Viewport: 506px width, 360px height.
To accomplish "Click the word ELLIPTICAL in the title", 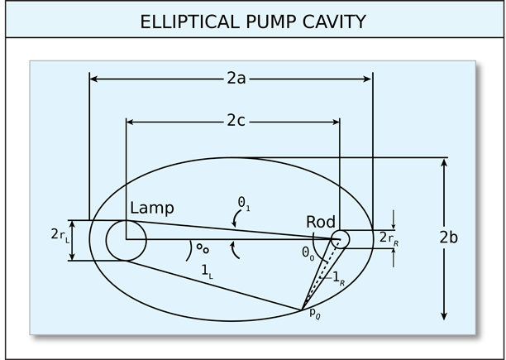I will tap(183, 22).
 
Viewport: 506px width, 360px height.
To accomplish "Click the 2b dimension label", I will tap(448, 237).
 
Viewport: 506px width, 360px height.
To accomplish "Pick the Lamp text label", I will tap(152, 208).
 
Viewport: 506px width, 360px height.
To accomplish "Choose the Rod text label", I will tap(321, 222).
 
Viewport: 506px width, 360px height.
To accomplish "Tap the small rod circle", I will tap(341, 238).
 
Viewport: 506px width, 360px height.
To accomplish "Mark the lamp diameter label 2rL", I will tap(60, 236).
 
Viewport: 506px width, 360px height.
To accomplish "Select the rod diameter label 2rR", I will tap(389, 238).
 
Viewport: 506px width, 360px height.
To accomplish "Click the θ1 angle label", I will tap(243, 202).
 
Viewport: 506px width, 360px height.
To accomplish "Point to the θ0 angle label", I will tap(308, 252).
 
